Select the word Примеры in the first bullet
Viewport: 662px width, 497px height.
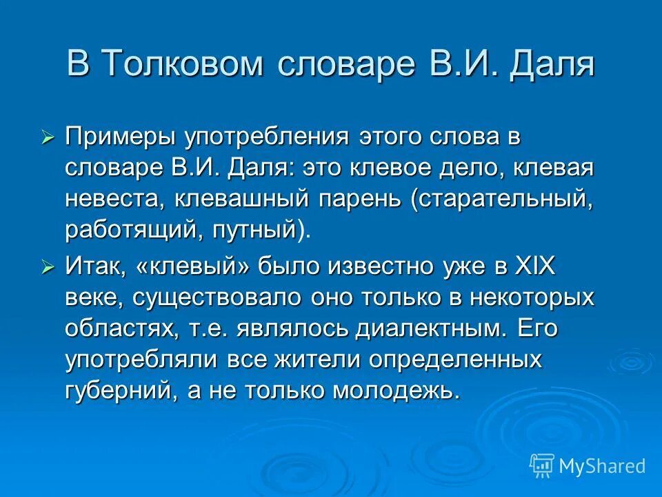pyautogui.click(x=119, y=135)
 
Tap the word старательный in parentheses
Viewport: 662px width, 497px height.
pyautogui.click(x=503, y=199)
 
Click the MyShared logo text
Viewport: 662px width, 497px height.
pyautogui.click(x=601, y=466)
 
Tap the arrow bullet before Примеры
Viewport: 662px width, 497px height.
pyautogui.click(x=48, y=137)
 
